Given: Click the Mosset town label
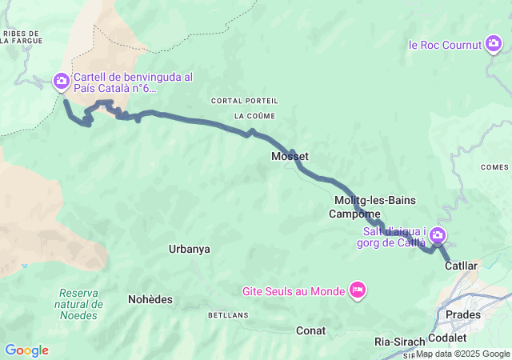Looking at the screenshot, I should click(x=290, y=157).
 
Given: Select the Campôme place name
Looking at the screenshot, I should click(x=354, y=214).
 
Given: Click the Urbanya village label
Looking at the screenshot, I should click(x=190, y=249).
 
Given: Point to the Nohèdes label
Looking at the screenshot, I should click(x=150, y=299).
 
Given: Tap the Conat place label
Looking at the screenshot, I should click(x=310, y=330).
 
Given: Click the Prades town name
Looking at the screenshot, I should click(x=463, y=314).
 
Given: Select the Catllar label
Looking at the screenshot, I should click(x=461, y=265).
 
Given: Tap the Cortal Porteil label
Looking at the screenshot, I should click(x=245, y=101).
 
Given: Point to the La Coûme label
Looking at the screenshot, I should click(x=250, y=116).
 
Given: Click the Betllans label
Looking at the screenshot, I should click(x=223, y=315).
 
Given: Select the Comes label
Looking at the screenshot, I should click(x=494, y=167).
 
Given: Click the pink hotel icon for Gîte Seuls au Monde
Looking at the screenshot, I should click(x=358, y=290).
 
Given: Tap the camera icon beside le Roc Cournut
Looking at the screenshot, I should click(x=494, y=45).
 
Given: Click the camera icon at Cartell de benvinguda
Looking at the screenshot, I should click(x=62, y=81).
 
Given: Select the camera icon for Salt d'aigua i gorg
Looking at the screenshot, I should click(x=438, y=235).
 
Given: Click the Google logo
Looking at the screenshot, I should click(x=26, y=350).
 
